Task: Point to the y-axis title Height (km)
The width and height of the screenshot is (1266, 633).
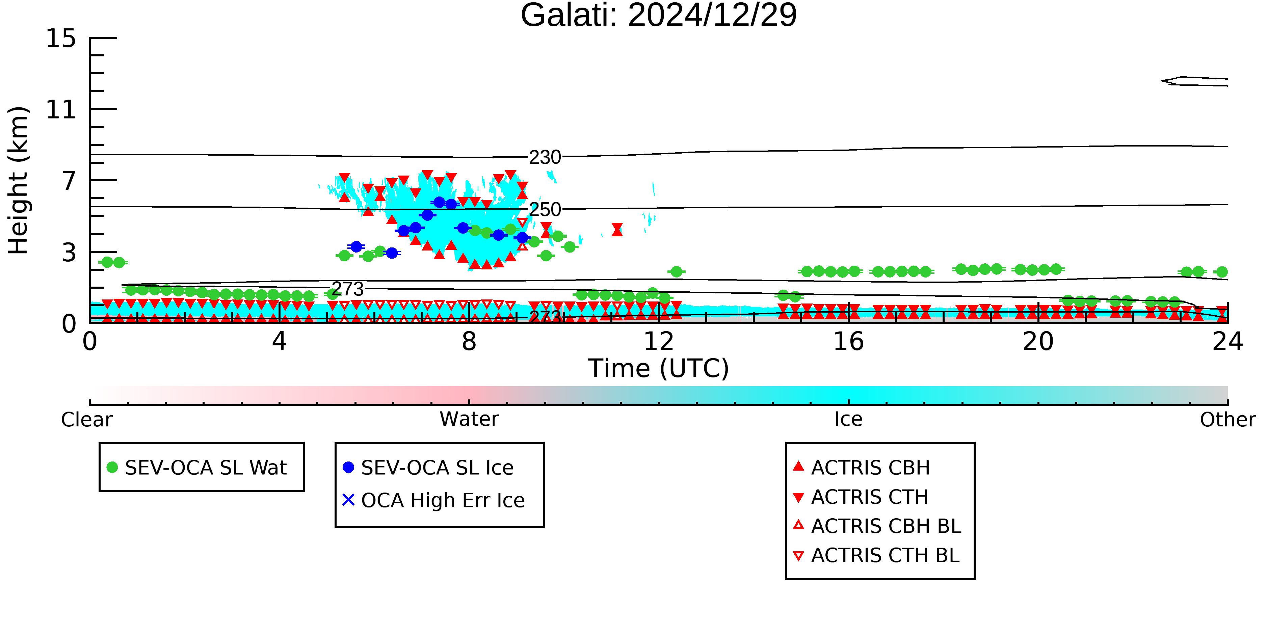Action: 18,180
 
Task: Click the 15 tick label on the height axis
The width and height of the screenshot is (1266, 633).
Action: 61,38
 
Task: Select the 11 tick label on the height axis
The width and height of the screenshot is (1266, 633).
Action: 61,110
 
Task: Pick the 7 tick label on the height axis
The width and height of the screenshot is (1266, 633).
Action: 69,181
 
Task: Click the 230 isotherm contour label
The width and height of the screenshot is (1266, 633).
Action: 545,157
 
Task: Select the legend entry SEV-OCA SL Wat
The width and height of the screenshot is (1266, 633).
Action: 196,467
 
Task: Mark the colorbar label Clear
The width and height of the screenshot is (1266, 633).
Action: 86,420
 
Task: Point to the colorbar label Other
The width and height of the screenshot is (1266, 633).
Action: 1228,420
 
